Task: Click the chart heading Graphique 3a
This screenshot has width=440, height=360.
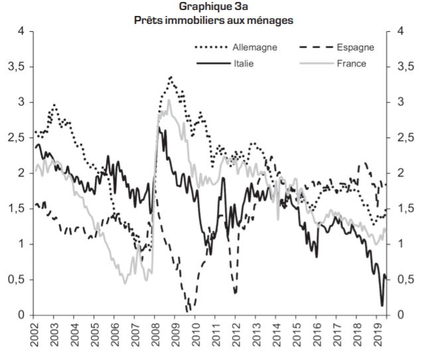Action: [x=214, y=7]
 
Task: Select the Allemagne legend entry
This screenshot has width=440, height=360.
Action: [x=255, y=48]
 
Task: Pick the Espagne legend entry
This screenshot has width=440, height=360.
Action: [x=355, y=48]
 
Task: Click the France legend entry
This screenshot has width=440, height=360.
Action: [x=352, y=64]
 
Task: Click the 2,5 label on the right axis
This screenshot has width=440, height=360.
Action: [x=405, y=138]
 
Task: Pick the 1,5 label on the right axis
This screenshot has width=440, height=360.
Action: [x=405, y=209]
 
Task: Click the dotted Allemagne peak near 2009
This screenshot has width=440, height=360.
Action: [x=171, y=78]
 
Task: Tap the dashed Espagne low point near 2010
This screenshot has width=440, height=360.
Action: [x=188, y=310]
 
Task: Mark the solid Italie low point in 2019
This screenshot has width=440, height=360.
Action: [x=382, y=306]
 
